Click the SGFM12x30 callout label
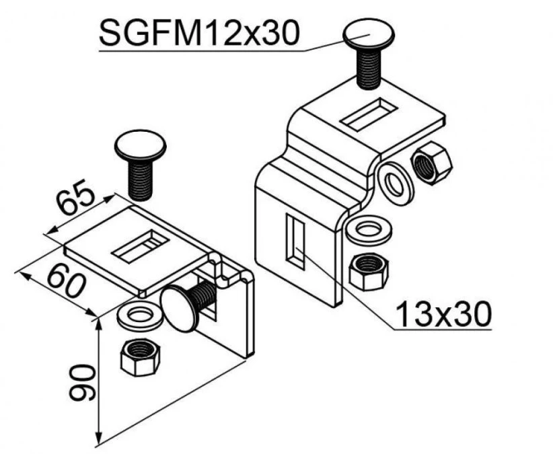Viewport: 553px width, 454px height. click(x=199, y=33)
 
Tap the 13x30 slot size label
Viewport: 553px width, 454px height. click(x=443, y=313)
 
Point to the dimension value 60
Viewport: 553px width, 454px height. click(x=67, y=280)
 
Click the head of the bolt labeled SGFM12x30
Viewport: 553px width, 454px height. click(x=369, y=34)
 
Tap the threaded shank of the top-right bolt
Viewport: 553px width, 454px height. click(x=369, y=69)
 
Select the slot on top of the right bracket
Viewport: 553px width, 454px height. click(x=368, y=114)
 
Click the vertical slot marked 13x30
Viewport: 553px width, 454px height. click(x=295, y=242)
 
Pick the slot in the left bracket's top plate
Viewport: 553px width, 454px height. click(x=140, y=245)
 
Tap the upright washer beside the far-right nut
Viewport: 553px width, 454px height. click(x=395, y=182)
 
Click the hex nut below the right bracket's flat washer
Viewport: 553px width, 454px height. click(x=369, y=272)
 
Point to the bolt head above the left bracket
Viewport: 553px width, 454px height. click(x=140, y=145)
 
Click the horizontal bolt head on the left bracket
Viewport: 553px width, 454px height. click(x=178, y=309)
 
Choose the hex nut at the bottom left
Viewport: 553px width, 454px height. click(x=140, y=357)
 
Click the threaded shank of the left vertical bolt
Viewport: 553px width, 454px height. click(x=140, y=180)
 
